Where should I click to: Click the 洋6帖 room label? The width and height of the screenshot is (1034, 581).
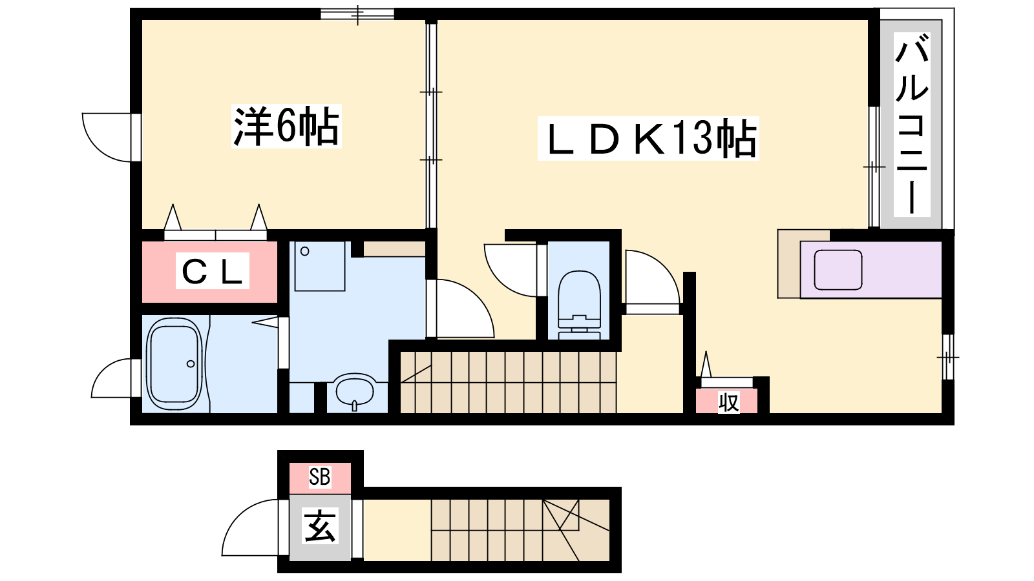(x=286, y=126)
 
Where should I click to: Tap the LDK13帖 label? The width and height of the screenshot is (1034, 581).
(x=648, y=138)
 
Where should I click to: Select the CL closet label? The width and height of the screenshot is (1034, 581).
(x=213, y=270)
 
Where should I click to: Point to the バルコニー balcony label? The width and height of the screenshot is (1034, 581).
(x=912, y=125)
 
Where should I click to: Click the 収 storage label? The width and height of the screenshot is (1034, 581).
(x=728, y=402)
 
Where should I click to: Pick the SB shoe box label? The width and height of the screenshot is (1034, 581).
(x=319, y=477)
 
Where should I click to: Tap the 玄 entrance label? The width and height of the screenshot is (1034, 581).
(x=320, y=525)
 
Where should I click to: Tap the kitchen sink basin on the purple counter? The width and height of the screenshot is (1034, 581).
(x=838, y=270)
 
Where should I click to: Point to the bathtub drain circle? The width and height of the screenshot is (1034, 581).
(x=191, y=364)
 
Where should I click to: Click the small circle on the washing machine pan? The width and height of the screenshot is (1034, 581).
(x=304, y=251)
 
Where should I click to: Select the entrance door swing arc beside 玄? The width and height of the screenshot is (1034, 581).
(x=249, y=527)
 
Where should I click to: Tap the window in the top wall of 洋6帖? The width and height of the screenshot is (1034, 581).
(x=357, y=14)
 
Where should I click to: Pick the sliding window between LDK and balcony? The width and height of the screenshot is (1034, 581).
(x=874, y=167)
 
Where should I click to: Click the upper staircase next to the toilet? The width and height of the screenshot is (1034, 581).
(x=508, y=382)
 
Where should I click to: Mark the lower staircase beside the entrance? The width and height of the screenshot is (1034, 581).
(x=520, y=530)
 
